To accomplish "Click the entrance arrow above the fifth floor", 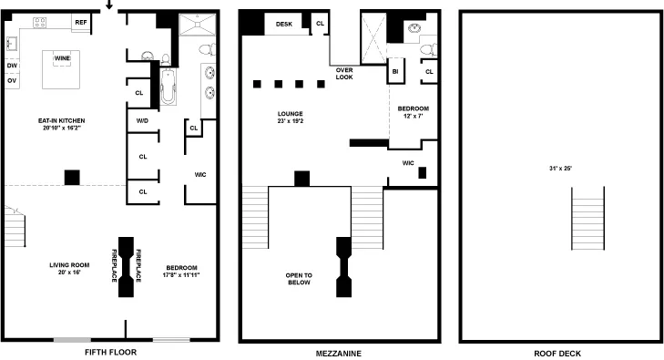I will (109, 5).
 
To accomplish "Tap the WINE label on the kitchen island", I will (63, 57).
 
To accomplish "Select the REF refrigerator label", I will (81, 22).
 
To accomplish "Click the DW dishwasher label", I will (12, 66).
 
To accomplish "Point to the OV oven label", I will (12, 81).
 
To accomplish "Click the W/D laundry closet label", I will (142, 120).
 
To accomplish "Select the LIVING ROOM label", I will (68, 265).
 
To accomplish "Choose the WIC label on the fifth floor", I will (200, 174).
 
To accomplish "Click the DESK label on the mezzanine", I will (283, 24).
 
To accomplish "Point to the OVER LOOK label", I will (344, 74).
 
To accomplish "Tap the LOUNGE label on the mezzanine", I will (290, 114).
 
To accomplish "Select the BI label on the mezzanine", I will (395, 71).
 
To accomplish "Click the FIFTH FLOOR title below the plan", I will (110, 353).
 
